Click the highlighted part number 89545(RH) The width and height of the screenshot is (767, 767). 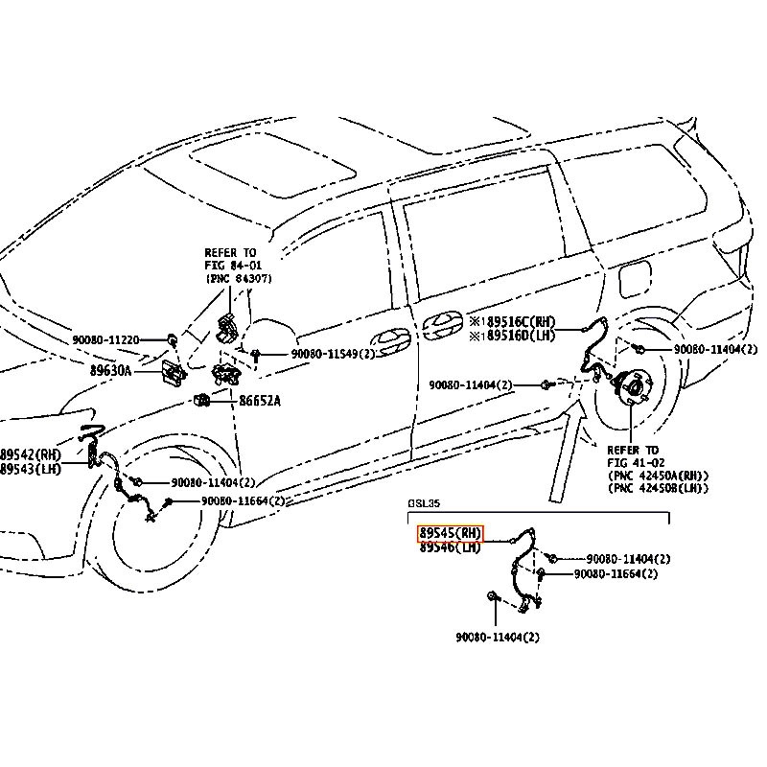click(450, 534)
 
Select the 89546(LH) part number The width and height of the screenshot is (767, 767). click(450, 548)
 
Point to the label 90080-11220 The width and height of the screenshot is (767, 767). click(105, 339)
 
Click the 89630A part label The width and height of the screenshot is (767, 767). click(110, 370)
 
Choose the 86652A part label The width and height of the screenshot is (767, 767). click(253, 401)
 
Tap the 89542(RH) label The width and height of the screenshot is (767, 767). click(31, 454)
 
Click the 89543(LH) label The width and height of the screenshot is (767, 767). click(31, 469)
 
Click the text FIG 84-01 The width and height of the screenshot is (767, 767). click(231, 265)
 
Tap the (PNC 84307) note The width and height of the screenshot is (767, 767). click(239, 278)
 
